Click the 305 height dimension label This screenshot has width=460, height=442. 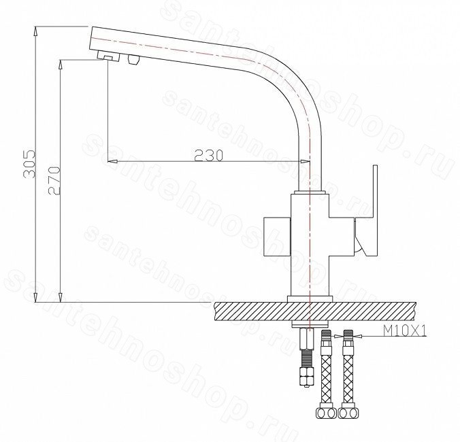tap(29, 164)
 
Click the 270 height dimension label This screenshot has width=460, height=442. tap(54, 181)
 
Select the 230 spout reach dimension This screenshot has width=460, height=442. tap(209, 155)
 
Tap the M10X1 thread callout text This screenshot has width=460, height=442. tap(405, 331)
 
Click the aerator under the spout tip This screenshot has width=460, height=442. tap(108, 56)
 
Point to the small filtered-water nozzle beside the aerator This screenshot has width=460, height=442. tap(133, 60)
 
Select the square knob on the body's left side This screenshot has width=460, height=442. tap(277, 237)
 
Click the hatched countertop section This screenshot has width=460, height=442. tap(316, 311)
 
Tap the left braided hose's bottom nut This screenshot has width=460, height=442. tap(326, 413)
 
